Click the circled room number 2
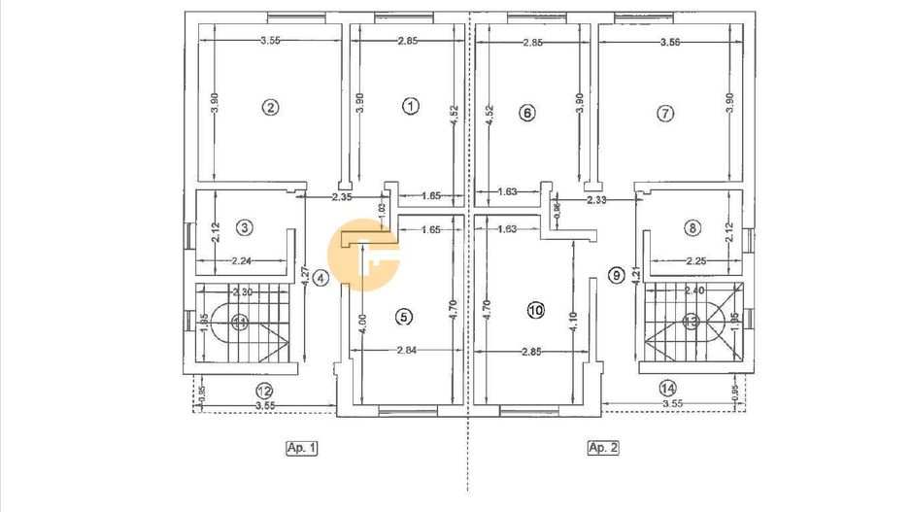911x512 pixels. click(271, 108)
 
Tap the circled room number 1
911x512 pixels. click(411, 106)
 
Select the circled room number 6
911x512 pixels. click(527, 113)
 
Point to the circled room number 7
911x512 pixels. click(665, 114)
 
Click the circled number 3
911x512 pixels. click(245, 228)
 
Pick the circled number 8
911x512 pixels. click(692, 228)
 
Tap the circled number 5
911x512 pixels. click(405, 316)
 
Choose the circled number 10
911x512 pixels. click(535, 311)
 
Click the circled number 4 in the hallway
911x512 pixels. click(321, 277)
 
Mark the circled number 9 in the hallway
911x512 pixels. click(615, 276)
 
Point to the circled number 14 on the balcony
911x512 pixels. click(666, 388)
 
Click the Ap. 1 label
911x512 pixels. click(301, 448)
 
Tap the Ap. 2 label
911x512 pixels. click(603, 448)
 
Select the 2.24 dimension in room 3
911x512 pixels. click(243, 260)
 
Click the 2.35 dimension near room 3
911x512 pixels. click(340, 197)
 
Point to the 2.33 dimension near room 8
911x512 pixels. click(597, 200)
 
